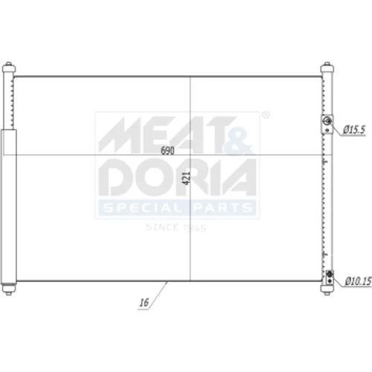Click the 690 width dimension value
click(167, 150)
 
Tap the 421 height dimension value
click(186, 178)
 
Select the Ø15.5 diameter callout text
click(355, 129)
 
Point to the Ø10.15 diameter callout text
click(358, 281)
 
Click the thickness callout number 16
click(144, 303)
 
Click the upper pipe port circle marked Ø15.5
click(327, 121)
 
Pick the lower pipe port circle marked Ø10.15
click(330, 275)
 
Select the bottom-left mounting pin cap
click(9, 289)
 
